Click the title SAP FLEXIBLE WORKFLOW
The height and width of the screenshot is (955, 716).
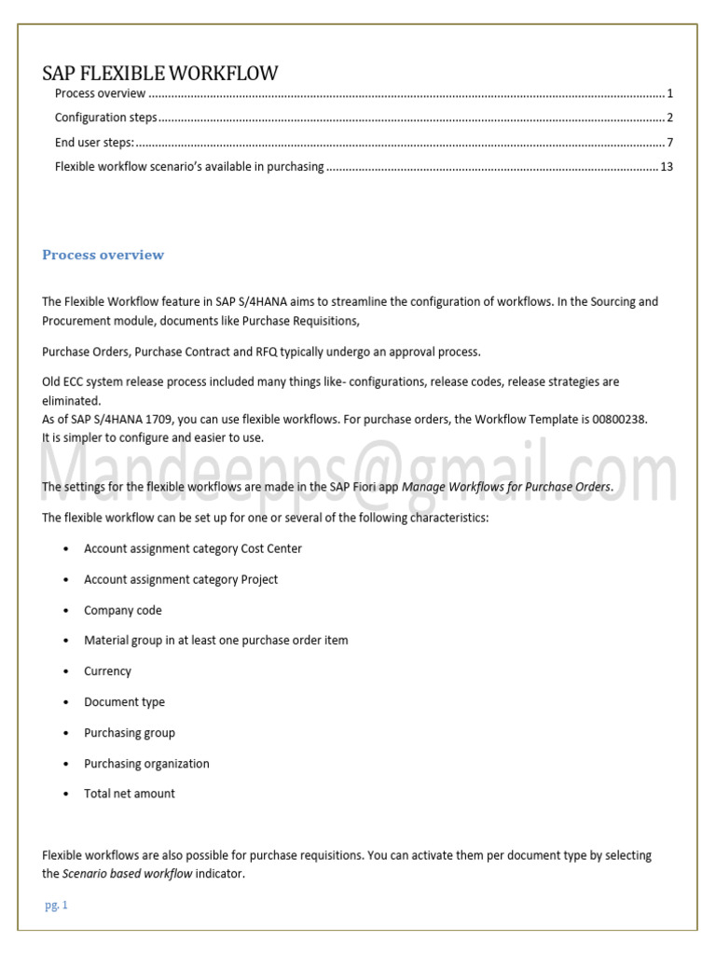click(160, 74)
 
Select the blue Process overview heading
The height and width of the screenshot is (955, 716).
click(103, 255)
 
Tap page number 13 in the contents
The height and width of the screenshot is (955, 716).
click(666, 167)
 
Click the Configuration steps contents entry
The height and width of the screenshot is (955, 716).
click(105, 118)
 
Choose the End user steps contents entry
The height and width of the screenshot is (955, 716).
click(94, 143)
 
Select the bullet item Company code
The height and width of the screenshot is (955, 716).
click(122, 610)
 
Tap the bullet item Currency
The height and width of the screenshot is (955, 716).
click(107, 671)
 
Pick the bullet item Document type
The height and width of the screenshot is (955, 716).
click(124, 702)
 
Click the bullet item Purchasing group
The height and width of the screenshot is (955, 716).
click(130, 733)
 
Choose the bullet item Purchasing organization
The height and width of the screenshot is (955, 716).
click(146, 764)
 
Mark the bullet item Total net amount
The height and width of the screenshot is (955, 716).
click(130, 794)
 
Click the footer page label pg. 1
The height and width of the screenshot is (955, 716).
click(57, 906)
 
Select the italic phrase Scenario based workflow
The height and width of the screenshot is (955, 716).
click(127, 874)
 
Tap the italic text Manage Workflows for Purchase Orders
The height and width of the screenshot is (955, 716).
click(506, 487)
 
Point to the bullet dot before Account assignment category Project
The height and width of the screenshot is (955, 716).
click(65, 580)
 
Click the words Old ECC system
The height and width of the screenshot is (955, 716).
click(81, 382)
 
